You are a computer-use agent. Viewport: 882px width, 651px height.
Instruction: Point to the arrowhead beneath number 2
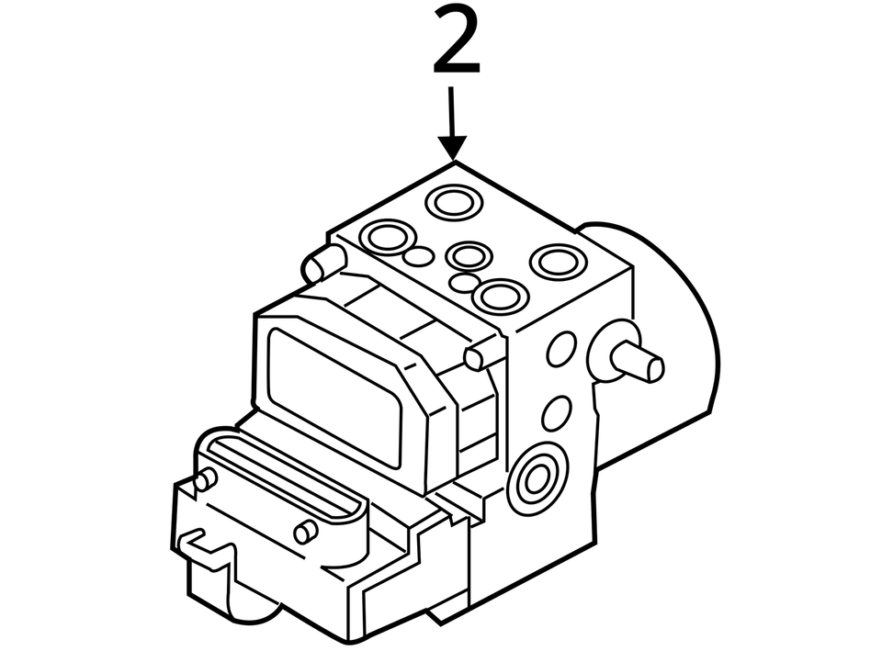(452, 147)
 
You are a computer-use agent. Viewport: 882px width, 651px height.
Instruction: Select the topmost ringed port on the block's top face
(452, 201)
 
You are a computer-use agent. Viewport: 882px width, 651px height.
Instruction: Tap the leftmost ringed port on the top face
(386, 237)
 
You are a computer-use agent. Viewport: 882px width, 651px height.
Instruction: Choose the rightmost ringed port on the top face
(558, 262)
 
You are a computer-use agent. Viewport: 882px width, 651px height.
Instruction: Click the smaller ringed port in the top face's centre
(469, 256)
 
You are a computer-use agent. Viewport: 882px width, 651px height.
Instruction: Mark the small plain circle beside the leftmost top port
(418, 256)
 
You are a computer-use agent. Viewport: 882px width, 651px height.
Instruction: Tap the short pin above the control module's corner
(482, 354)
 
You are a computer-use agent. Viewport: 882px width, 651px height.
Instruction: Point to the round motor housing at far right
(680, 340)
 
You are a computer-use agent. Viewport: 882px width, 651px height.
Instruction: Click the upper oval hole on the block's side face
(560, 349)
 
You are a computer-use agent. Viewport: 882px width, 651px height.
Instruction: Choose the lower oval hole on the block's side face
(556, 413)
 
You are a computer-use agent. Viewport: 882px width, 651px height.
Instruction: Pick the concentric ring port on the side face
(537, 478)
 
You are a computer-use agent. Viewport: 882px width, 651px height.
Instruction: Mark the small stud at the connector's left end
(206, 478)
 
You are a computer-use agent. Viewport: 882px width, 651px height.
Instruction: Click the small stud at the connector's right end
(305, 532)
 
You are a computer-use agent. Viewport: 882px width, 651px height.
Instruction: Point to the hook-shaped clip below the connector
(204, 549)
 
